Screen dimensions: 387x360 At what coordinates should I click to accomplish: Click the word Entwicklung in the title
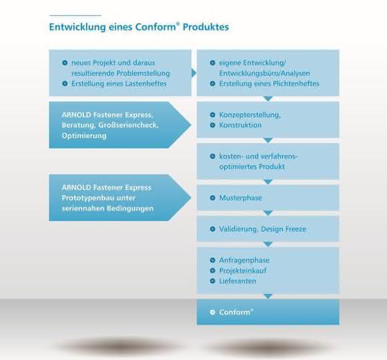coord(77,27)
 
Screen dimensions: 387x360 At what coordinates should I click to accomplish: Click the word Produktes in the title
coord(206,27)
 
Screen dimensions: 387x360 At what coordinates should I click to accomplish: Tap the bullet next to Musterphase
coord(212,198)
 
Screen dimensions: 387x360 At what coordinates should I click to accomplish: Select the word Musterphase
coord(240,198)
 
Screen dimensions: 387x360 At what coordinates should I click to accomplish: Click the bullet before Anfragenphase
coord(212,260)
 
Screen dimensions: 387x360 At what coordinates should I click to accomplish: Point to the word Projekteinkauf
coord(243,271)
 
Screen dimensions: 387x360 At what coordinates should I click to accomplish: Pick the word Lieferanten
coord(238,281)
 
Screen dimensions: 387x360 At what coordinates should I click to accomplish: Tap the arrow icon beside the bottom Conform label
coord(212,313)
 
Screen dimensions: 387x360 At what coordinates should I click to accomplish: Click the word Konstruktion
coord(240,126)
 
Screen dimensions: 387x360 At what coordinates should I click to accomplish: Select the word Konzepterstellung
coord(250,115)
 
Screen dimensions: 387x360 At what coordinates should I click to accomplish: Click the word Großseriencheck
coord(128,126)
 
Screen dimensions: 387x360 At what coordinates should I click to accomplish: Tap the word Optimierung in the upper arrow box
coord(84,136)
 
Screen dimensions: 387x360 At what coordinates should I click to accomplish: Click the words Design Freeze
coord(284,229)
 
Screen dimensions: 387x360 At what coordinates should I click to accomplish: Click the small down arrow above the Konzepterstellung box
coord(268,99)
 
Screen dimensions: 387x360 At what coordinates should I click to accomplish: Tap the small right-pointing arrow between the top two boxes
coord(194,73)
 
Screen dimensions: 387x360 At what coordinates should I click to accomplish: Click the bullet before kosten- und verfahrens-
coord(212,156)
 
